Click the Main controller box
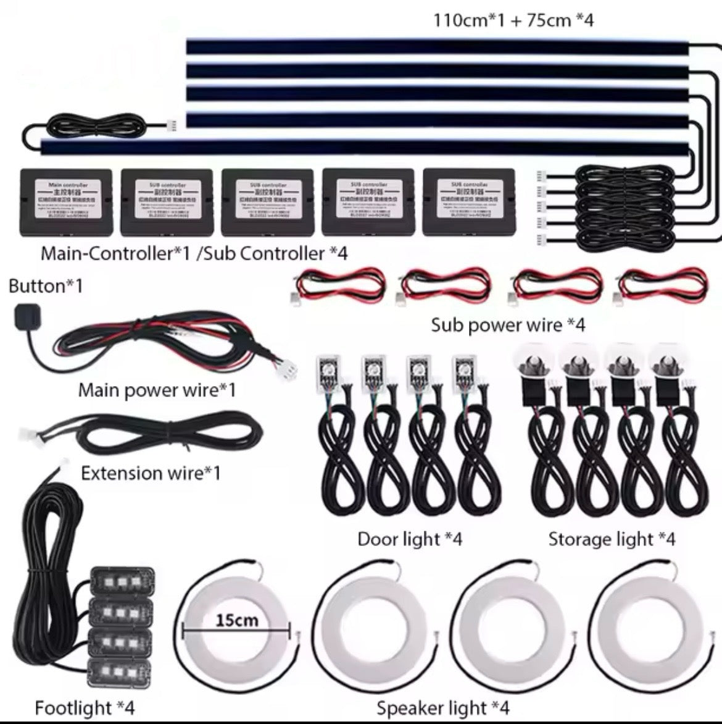click(67, 202)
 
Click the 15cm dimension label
click(237, 620)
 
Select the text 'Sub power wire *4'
click(508, 324)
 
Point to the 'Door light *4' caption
click(410, 539)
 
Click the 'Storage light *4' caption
click(612, 539)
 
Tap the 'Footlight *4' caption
click(85, 707)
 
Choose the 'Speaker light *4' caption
click(443, 707)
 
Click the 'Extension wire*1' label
click(151, 473)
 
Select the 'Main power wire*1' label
click(157, 390)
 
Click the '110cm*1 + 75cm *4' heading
click(514, 20)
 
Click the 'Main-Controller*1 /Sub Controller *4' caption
click(194, 254)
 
